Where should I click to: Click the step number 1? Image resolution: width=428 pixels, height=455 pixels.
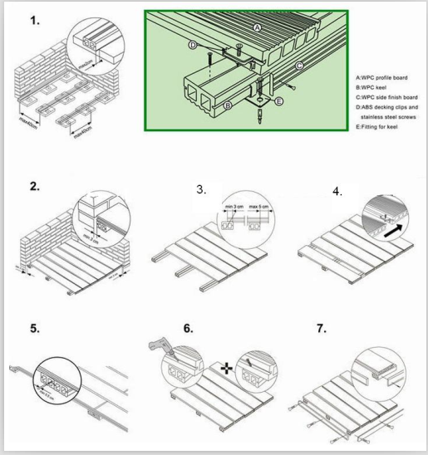point(34,22)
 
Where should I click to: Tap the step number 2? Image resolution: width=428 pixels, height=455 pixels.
point(34,186)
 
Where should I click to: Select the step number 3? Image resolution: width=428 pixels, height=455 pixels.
point(202,189)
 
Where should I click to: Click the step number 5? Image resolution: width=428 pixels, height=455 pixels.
point(34,328)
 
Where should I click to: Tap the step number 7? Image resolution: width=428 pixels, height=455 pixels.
point(321,328)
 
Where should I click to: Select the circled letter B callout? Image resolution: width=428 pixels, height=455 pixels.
point(228,105)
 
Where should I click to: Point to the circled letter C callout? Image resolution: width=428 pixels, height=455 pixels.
point(299,65)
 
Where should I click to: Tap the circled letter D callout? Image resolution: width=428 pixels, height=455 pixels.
point(193,45)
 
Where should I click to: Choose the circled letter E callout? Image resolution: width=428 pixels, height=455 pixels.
point(278,101)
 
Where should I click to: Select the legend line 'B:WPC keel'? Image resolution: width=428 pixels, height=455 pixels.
point(372,86)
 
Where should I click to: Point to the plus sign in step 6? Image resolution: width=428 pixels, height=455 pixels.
point(226,365)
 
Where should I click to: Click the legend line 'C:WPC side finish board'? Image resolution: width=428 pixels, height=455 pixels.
point(387,96)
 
